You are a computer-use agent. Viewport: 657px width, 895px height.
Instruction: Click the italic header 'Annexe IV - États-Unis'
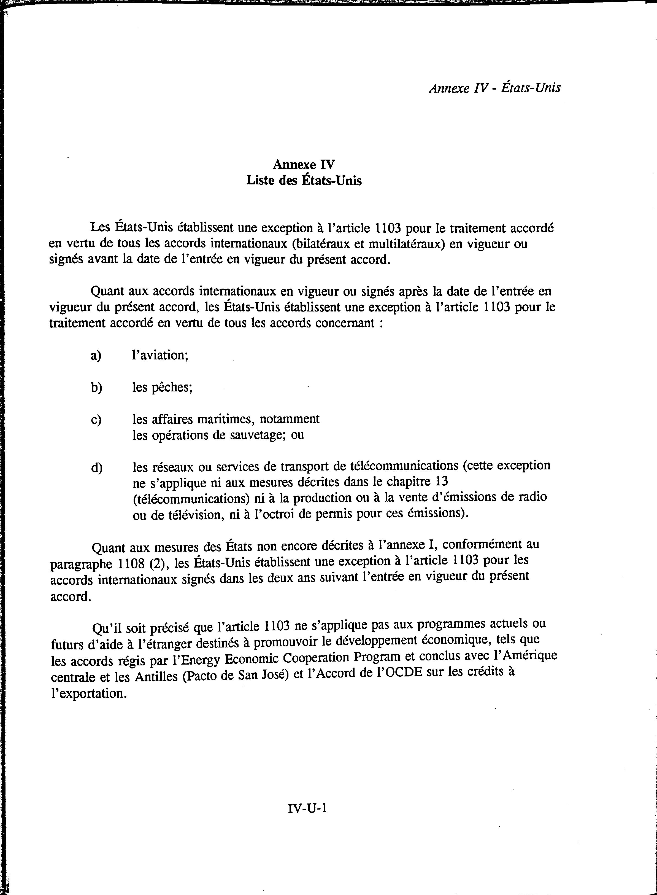coord(494,88)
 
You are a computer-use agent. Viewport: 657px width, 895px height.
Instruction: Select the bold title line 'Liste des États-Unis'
coord(304,180)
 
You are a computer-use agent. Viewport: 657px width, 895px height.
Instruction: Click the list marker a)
coord(96,355)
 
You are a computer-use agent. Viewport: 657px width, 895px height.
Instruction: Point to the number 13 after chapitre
coord(442,481)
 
